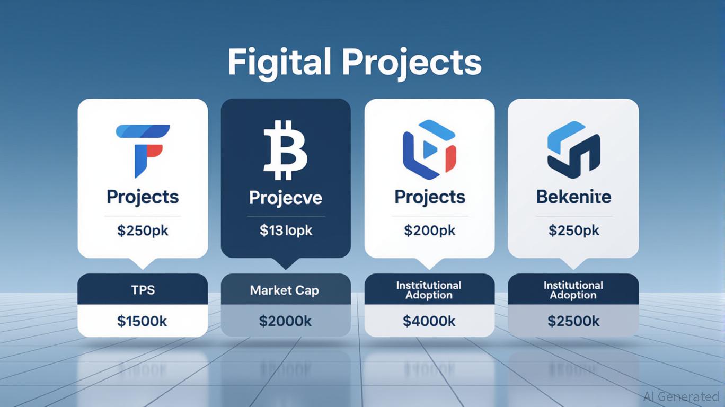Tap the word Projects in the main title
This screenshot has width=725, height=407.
[412, 64]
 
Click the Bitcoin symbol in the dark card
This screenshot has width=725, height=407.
[285, 150]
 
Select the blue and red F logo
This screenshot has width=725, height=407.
[143, 151]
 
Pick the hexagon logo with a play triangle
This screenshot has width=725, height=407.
[429, 150]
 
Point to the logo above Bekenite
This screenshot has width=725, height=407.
[573, 150]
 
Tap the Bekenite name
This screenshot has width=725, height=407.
[573, 197]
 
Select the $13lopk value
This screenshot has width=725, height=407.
[286, 231]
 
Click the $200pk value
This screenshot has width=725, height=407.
[429, 231]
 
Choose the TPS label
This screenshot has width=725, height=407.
[143, 290]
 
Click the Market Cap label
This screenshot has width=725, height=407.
[285, 290]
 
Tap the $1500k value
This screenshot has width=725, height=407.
[142, 321]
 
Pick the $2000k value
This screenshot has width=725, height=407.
[285, 321]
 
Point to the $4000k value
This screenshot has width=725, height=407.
[429, 321]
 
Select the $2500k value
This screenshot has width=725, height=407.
[573, 321]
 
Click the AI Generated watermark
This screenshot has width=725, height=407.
[682, 396]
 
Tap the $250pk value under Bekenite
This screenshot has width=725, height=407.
[574, 231]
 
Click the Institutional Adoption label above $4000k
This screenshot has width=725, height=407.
[429, 290]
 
